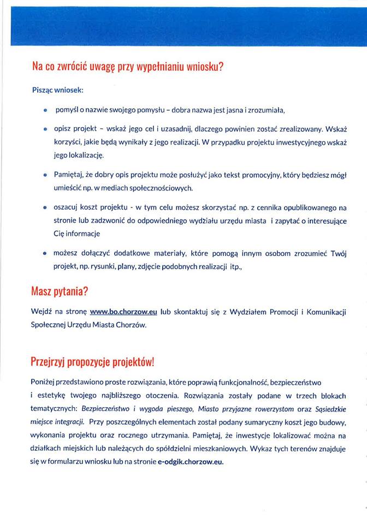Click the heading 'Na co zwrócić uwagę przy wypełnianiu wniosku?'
(128, 67)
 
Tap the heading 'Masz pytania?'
(59, 290)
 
